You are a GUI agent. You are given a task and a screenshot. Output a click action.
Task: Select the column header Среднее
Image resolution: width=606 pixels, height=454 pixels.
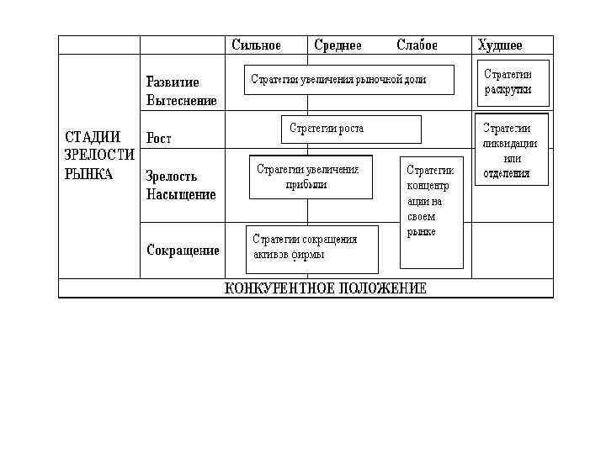coord(338,45)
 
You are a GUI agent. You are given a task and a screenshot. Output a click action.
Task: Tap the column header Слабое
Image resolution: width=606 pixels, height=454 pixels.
coord(417,45)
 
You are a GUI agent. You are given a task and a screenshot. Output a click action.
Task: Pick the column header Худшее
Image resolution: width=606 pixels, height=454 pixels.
coord(500,45)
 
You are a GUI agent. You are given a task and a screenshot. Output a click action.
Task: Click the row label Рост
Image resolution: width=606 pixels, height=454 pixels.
coord(159,137)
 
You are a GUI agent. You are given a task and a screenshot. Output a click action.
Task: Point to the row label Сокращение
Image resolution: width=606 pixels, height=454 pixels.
coord(183,250)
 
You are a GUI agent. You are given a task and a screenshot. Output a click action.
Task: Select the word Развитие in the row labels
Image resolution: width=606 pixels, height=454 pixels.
coord(173,82)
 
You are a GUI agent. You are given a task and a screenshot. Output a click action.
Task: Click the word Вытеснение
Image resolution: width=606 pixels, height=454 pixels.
coord(181,100)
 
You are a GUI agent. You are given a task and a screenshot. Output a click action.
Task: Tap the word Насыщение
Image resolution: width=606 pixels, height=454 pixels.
coord(180,194)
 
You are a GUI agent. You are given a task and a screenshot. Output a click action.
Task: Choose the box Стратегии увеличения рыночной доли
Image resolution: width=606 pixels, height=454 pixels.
coord(348,80)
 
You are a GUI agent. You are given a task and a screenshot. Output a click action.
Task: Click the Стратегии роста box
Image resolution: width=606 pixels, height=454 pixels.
coord(349,129)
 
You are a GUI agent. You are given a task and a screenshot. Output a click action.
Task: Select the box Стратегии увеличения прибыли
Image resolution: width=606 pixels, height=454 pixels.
coord(311,177)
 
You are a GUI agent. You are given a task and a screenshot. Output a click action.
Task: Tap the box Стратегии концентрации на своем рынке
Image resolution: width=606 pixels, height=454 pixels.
coord(431,210)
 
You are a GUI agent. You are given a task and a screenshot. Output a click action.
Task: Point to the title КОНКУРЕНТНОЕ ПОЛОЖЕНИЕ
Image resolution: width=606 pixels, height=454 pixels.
coord(326,288)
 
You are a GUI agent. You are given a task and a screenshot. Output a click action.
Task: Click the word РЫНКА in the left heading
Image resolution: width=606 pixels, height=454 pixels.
coord(88,175)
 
